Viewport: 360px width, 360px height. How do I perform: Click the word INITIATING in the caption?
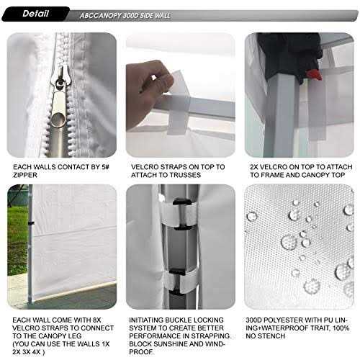click(149, 318)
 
